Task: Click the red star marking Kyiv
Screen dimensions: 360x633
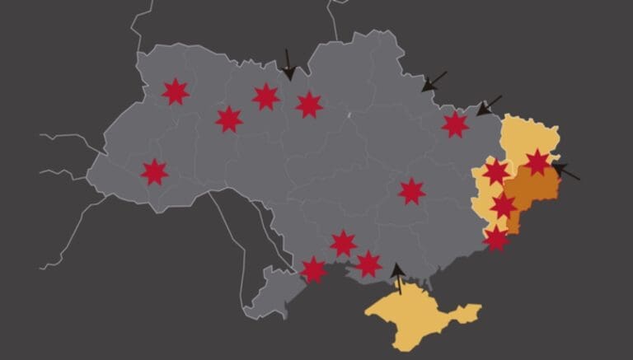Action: pyautogui.click(x=309, y=105)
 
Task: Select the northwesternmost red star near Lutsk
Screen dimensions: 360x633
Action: pyautogui.click(x=175, y=91)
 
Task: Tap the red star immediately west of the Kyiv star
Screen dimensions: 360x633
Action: pyautogui.click(x=265, y=96)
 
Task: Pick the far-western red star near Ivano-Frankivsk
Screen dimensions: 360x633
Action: pyautogui.click(x=154, y=172)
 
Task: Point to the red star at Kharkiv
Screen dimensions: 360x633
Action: pyautogui.click(x=455, y=124)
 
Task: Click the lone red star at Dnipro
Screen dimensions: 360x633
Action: pyautogui.click(x=411, y=191)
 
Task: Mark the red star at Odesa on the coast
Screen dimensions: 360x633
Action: pyautogui.click(x=314, y=269)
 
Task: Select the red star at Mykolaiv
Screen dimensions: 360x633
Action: pyautogui.click(x=344, y=243)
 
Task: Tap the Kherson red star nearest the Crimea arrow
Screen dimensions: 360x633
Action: pyautogui.click(x=368, y=264)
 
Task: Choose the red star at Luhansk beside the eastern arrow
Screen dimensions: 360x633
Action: pyautogui.click(x=537, y=162)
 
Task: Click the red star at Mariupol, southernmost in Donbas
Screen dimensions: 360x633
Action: pyautogui.click(x=496, y=238)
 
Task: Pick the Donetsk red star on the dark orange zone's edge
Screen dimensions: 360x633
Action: pyautogui.click(x=504, y=205)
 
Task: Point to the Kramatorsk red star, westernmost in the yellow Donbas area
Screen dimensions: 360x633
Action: pyautogui.click(x=496, y=172)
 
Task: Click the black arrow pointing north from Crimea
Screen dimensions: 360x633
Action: pyautogui.click(x=398, y=278)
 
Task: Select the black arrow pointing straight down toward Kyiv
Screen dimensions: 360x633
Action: pyautogui.click(x=288, y=65)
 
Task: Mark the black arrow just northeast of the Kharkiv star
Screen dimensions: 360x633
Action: pyautogui.click(x=488, y=105)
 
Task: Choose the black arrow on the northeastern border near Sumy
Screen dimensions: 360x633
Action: pyautogui.click(x=434, y=82)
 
